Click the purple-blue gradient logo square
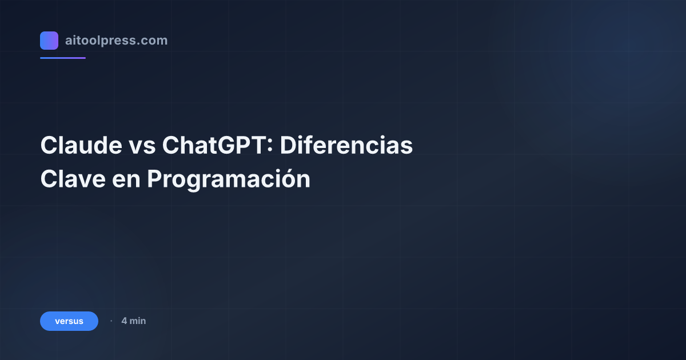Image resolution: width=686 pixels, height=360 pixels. point(49,41)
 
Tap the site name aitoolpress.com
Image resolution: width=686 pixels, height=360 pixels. point(116,41)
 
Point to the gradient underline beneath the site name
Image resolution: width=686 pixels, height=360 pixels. point(63,58)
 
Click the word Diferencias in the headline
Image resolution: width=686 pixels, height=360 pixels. point(346,146)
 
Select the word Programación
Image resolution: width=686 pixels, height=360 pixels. point(229,179)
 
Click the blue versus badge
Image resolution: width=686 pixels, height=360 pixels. point(69,321)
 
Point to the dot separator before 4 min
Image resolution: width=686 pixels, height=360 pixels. point(111,321)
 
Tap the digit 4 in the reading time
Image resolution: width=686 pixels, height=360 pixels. point(124,321)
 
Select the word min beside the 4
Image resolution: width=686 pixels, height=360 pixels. point(138,321)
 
